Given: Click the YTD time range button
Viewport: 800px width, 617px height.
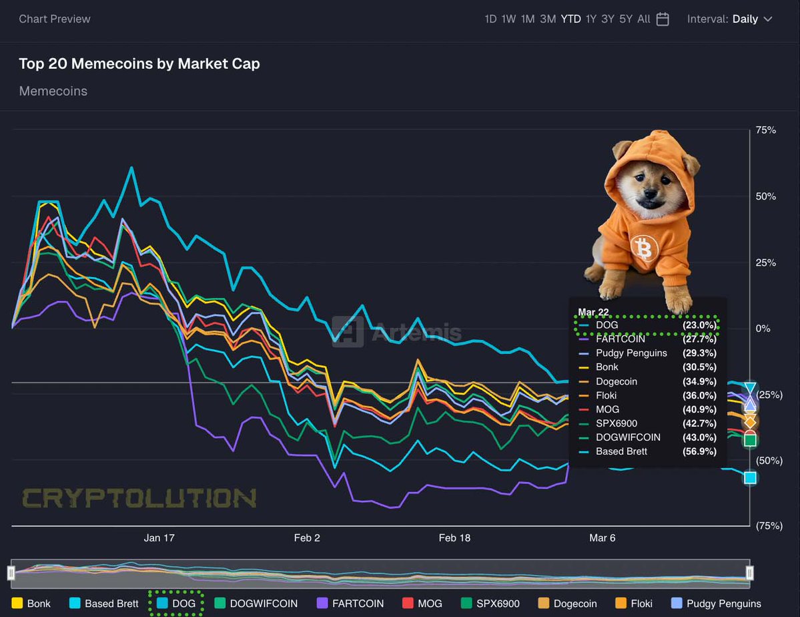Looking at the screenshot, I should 570,19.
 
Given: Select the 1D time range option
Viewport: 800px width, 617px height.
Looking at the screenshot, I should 490,19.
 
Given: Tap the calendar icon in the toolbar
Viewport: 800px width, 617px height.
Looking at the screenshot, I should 663,19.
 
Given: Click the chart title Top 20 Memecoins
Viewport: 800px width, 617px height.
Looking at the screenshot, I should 139,63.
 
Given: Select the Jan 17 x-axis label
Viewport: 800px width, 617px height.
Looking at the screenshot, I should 159,538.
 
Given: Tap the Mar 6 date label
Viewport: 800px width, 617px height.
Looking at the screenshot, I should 602,538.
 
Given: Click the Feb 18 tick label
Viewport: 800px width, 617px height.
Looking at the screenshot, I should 454,538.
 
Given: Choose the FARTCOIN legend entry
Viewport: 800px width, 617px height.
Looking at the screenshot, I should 352,603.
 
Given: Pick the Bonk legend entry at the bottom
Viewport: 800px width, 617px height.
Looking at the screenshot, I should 31,603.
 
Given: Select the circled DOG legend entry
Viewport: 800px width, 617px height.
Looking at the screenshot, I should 176,603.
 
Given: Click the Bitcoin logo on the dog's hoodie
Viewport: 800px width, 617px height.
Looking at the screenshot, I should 644,249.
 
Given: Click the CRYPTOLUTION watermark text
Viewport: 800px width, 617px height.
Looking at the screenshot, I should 139,498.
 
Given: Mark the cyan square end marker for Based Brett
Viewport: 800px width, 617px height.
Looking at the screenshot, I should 751,477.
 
